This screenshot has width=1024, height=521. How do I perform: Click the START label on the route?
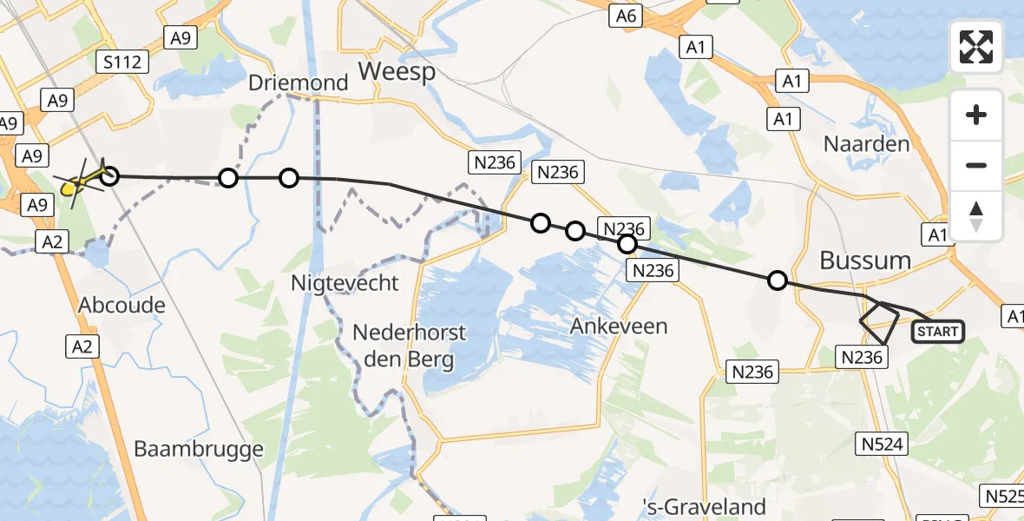tap(938, 331)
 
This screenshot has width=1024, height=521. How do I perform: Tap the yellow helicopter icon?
tap(81, 182)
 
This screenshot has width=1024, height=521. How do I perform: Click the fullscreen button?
tap(976, 47)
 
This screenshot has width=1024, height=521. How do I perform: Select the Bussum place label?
tap(865, 260)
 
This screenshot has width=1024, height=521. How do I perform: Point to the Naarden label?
tap(866, 144)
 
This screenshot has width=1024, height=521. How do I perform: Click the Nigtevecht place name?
tap(345, 282)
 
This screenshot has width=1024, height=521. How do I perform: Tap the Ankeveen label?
tap(619, 326)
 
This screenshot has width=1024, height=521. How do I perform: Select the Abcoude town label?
tap(121, 305)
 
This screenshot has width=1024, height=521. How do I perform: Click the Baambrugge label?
tap(199, 449)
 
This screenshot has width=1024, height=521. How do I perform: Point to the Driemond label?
tap(298, 83)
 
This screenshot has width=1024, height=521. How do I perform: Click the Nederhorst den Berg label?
tap(410, 346)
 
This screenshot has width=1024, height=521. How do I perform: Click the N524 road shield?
tap(883, 445)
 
